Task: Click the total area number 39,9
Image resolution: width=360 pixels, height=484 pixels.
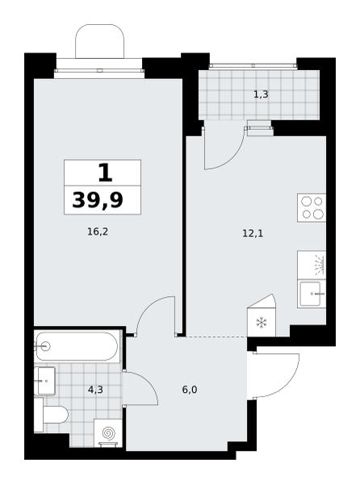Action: (98, 200)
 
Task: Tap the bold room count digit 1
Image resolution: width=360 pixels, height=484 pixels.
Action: (105, 173)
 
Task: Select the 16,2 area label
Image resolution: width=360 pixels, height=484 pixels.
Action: (98, 232)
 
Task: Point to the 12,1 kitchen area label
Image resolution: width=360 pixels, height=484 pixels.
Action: (253, 233)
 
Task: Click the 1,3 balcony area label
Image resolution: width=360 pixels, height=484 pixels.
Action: (261, 94)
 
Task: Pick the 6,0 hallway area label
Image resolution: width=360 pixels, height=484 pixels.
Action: (190, 390)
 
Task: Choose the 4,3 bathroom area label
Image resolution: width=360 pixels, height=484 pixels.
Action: (95, 390)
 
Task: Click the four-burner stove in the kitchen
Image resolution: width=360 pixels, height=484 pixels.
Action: (312, 208)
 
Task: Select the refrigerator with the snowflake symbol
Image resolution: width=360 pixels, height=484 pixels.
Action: (262, 319)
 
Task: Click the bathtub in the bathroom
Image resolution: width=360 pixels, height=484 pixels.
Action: (77, 346)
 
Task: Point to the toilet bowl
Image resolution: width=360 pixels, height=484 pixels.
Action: (54, 415)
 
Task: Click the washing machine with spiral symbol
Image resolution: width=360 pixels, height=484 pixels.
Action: (108, 432)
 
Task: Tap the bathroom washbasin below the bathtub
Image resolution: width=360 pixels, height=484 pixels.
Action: (44, 381)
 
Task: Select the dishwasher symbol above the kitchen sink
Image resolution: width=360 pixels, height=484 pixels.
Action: (312, 265)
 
